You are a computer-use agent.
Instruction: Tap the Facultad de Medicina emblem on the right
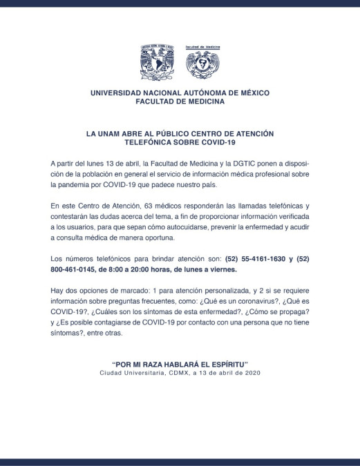tap(202, 62)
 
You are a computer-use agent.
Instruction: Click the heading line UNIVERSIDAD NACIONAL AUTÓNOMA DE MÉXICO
tap(180, 93)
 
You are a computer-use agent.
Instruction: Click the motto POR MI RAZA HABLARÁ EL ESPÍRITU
tap(180, 364)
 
